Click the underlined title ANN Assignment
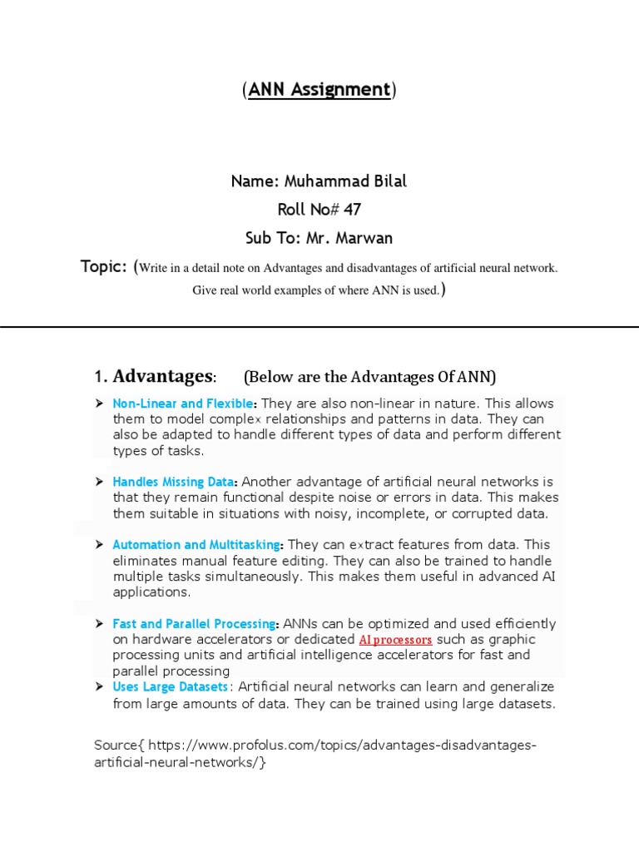[x=319, y=90]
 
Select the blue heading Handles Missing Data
[x=175, y=482]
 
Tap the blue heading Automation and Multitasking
[x=196, y=545]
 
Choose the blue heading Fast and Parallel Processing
[x=194, y=624]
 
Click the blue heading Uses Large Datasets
[x=170, y=687]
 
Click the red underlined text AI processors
[x=395, y=640]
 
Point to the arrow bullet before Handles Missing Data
[x=99, y=482]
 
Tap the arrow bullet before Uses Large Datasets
[x=99, y=687]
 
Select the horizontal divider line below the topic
[x=319, y=327]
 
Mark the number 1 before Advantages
[x=97, y=377]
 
